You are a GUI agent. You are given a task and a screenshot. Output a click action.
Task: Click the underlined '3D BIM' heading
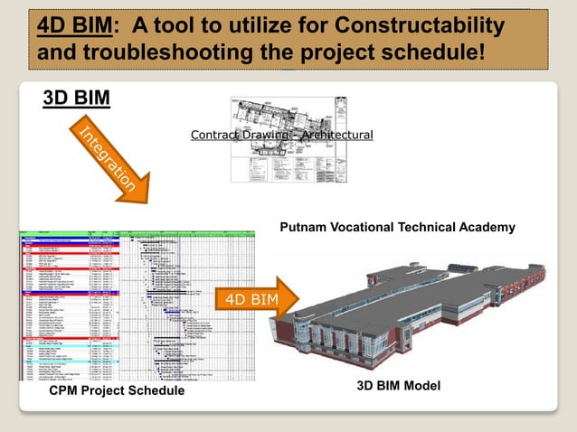click(77, 98)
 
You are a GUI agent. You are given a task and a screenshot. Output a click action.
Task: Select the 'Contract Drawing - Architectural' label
click(281, 135)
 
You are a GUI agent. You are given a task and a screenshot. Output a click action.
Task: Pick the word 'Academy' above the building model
click(488, 227)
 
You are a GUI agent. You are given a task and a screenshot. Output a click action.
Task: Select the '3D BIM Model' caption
click(398, 386)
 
